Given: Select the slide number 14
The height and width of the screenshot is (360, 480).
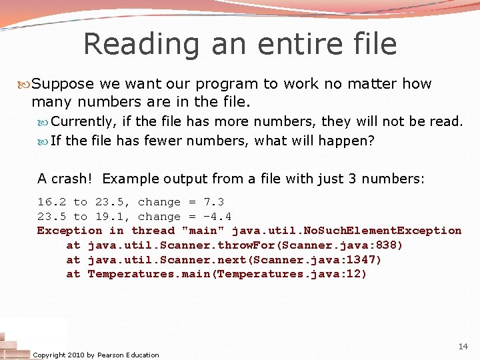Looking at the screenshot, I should (x=463, y=347).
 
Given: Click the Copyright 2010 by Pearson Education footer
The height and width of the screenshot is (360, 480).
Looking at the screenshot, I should (x=96, y=355).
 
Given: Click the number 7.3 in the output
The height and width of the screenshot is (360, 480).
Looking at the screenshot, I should (x=213, y=202).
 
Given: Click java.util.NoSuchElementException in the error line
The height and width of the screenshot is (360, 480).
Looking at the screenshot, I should (x=346, y=231).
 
